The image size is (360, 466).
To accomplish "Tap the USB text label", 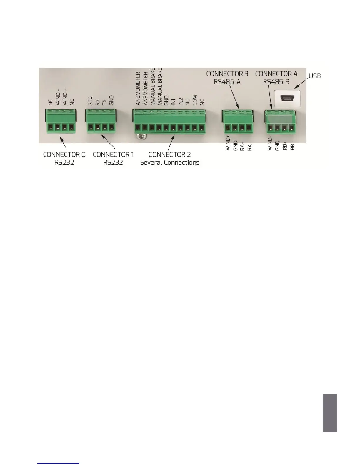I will point(314,76).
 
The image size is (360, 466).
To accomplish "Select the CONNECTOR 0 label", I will point(64,154).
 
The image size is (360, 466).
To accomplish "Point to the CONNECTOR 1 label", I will point(113,154).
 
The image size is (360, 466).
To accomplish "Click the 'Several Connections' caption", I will point(170,162).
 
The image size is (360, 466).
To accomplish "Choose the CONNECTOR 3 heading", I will point(227,74).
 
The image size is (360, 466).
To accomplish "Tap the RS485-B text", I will point(276,81).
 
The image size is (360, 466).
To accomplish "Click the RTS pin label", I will point(90,101).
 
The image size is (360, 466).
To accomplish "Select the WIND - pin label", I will point(58,98).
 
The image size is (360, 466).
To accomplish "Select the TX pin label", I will point(104,102).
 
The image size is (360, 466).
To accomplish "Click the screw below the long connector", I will point(141,136).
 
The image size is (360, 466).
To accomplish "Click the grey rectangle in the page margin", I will point(329,413).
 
